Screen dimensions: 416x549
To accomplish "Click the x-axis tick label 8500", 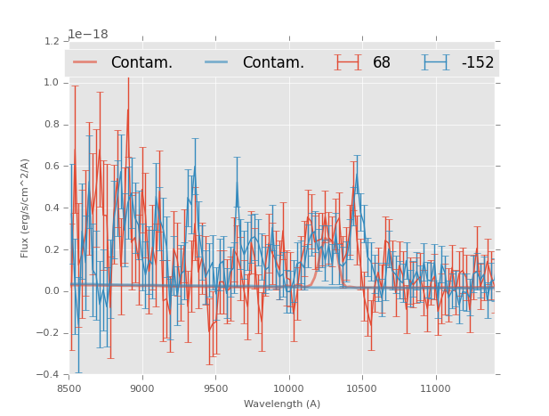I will tap(69, 387).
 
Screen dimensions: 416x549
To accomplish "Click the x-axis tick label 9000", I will tap(142, 387).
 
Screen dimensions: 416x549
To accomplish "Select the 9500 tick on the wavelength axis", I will tap(215, 387).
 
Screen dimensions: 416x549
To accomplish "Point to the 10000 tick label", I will tap(288, 387).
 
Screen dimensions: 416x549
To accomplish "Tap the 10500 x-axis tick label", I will tap(362, 387).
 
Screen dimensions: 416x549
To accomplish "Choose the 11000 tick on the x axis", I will tap(435, 387).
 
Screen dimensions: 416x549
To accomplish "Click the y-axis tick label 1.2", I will tap(51, 41).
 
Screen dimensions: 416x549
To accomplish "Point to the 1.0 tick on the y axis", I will tap(51, 83).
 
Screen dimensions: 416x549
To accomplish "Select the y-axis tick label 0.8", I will tap(51, 125).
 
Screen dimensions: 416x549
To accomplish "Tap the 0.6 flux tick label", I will tap(51, 166).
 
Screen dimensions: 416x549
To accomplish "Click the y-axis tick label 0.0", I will tap(51, 291).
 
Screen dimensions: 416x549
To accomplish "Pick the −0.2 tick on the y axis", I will tap(48, 333).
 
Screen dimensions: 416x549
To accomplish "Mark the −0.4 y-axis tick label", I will tap(48, 374).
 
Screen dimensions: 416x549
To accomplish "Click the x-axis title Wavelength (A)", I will tap(282, 404).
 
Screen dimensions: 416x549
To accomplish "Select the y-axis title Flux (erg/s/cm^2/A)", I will tap(25, 208).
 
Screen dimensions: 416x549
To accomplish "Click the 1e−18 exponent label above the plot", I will tap(88, 34).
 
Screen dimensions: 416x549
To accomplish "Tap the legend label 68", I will tap(382, 62).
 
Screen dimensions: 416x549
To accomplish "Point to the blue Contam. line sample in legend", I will tap(217, 62).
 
